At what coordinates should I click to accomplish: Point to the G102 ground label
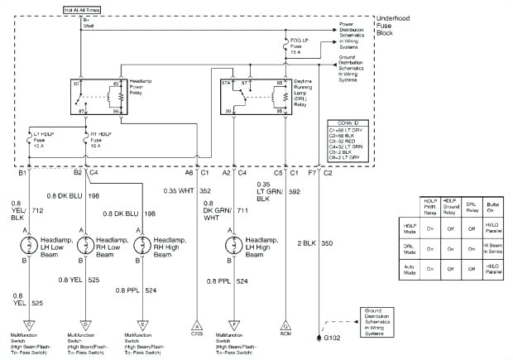click(x=333, y=339)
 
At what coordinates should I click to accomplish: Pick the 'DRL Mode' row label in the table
click(x=409, y=246)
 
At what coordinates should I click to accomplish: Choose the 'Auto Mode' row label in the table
click(x=409, y=268)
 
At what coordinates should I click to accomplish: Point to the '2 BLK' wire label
click(x=304, y=245)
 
